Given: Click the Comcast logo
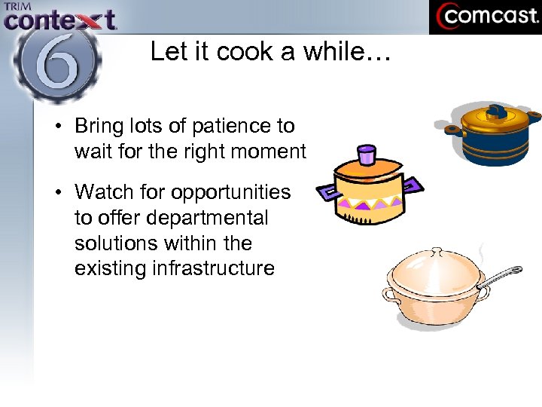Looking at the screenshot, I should [485, 17].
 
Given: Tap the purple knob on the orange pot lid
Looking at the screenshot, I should [366, 155].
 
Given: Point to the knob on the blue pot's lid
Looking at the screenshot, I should [497, 112].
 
